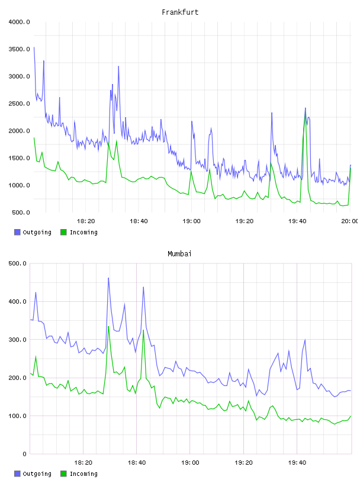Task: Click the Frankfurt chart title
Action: coord(180,12)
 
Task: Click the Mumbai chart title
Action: coord(179,253)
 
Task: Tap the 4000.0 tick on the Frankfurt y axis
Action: coord(19,22)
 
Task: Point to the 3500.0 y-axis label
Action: coord(19,49)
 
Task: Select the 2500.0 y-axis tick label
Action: coord(19,104)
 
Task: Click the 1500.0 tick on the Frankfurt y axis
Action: coord(19,158)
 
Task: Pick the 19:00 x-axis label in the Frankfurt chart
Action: coord(191,221)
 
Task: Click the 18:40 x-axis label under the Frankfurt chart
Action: coord(139,221)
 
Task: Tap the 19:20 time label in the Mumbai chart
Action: coord(243,462)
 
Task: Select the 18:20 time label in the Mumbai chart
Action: coord(83,462)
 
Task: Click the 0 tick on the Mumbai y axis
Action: coord(24,454)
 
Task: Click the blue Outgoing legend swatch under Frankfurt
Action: coord(17,232)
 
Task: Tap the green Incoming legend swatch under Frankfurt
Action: coord(63,232)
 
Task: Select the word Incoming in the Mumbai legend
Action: coord(83,474)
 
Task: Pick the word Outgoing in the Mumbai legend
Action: coord(37,474)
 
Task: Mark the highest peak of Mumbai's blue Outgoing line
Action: coord(108,278)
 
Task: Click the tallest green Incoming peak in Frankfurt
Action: coord(305,113)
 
